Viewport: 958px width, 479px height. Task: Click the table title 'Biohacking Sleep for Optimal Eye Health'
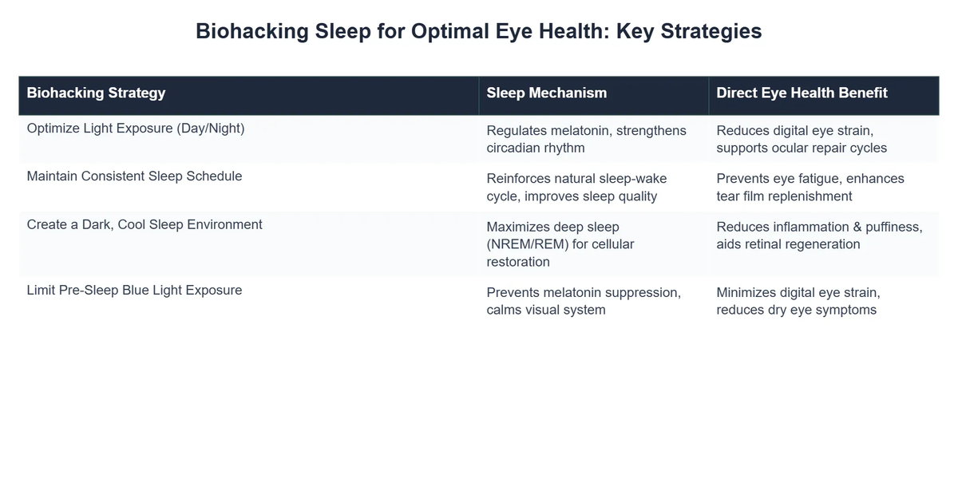point(478,31)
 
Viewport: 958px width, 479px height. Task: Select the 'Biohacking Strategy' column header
point(96,93)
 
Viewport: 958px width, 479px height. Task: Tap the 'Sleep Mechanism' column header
point(546,93)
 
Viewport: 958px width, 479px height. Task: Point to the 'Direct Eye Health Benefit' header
point(802,93)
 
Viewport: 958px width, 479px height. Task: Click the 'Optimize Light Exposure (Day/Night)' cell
point(136,128)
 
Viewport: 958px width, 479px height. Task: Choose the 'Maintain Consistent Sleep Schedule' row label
point(134,176)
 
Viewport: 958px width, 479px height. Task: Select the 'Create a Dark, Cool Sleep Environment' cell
point(144,224)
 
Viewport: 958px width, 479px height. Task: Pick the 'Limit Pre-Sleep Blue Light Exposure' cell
point(134,290)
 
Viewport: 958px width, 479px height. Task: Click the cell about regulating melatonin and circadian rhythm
point(586,139)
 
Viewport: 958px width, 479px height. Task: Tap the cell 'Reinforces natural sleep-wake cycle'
point(576,187)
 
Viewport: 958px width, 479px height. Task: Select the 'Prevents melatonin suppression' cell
point(584,301)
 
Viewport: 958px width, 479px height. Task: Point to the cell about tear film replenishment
point(810,187)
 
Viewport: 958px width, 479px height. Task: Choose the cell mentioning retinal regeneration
point(819,236)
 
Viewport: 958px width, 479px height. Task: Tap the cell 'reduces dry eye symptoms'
point(798,301)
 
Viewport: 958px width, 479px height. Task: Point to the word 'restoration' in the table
point(518,262)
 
